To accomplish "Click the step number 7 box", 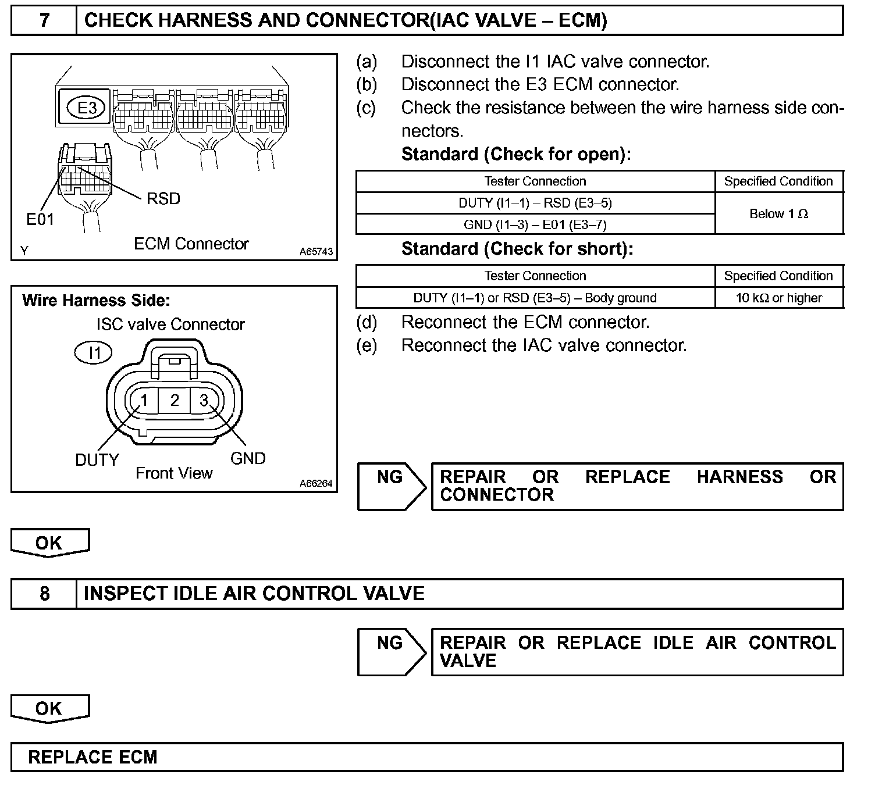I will [44, 21].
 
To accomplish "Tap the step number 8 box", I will [44, 594].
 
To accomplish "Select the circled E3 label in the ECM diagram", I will [87, 108].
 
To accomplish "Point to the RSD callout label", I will [163, 199].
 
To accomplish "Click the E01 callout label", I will [40, 219].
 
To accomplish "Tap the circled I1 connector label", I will [94, 352].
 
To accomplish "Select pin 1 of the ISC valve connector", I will [145, 400].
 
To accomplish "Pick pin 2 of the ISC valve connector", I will [175, 400].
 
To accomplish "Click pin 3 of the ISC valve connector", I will [204, 400].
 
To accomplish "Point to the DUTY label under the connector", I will [97, 460].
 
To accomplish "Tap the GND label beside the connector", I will [248, 458].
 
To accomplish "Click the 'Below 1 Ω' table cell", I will [778, 213].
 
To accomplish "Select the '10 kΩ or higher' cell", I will [778, 298].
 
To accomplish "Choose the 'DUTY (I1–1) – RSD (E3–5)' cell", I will [535, 203].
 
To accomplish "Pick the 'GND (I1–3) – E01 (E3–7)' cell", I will [535, 224].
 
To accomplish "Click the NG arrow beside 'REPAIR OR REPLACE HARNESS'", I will [392, 486].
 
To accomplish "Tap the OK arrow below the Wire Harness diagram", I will [49, 543].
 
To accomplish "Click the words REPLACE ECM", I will [93, 757].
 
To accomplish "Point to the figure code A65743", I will [316, 252].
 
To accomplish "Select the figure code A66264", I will [316, 484].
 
